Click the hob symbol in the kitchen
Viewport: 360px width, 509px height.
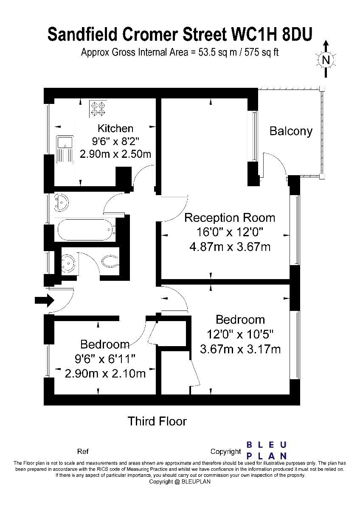pyautogui.click(x=98, y=109)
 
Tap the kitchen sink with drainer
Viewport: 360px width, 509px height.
pyautogui.click(x=65, y=149)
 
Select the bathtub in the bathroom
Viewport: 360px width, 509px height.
pyautogui.click(x=87, y=230)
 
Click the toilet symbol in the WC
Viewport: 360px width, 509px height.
pyautogui.click(x=110, y=262)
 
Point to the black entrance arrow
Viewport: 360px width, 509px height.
pyautogui.click(x=44, y=300)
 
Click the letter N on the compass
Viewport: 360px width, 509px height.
pyautogui.click(x=326, y=60)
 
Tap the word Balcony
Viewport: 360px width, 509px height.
pyautogui.click(x=291, y=131)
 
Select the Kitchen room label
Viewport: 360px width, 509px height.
pyautogui.click(x=115, y=129)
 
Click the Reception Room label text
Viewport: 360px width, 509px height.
pyautogui.click(x=230, y=218)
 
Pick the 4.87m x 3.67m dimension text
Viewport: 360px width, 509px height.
pyautogui.click(x=230, y=247)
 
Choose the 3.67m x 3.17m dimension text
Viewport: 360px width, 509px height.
pyautogui.click(x=240, y=349)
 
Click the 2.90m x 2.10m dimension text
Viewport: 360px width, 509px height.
pyautogui.click(x=105, y=373)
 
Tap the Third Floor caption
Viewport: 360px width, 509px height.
pyautogui.click(x=157, y=421)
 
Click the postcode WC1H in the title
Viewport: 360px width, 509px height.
pyautogui.click(x=254, y=34)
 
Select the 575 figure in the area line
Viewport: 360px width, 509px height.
pyautogui.click(x=252, y=53)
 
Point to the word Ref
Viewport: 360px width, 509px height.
pyautogui.click(x=83, y=451)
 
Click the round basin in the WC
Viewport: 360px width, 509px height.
pyautogui.click(x=68, y=263)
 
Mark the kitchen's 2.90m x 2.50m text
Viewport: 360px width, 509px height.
pyautogui.click(x=115, y=154)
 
